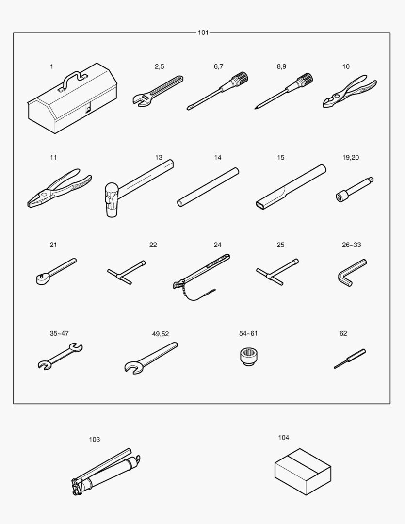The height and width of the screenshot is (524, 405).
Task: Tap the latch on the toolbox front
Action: (88, 109)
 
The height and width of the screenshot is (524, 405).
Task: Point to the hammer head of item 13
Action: (112, 200)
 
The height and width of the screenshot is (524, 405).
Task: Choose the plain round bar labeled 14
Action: (208, 187)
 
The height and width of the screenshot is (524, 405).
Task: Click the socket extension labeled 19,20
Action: (355, 190)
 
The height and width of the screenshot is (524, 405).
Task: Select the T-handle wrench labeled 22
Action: (126, 272)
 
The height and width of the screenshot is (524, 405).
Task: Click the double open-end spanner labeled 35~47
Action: (60, 357)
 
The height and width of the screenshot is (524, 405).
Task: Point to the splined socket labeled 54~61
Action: (249, 357)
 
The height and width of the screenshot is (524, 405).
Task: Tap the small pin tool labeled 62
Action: (350, 359)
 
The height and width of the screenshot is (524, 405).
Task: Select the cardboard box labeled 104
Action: (303, 472)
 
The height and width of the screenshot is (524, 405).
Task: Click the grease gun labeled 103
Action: (106, 472)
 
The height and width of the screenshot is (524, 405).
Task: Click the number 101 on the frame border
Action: (203, 33)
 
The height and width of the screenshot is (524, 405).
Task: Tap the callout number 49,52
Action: (161, 334)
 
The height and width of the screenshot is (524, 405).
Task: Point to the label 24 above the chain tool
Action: (218, 245)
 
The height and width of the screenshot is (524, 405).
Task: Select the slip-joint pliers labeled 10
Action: (350, 91)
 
